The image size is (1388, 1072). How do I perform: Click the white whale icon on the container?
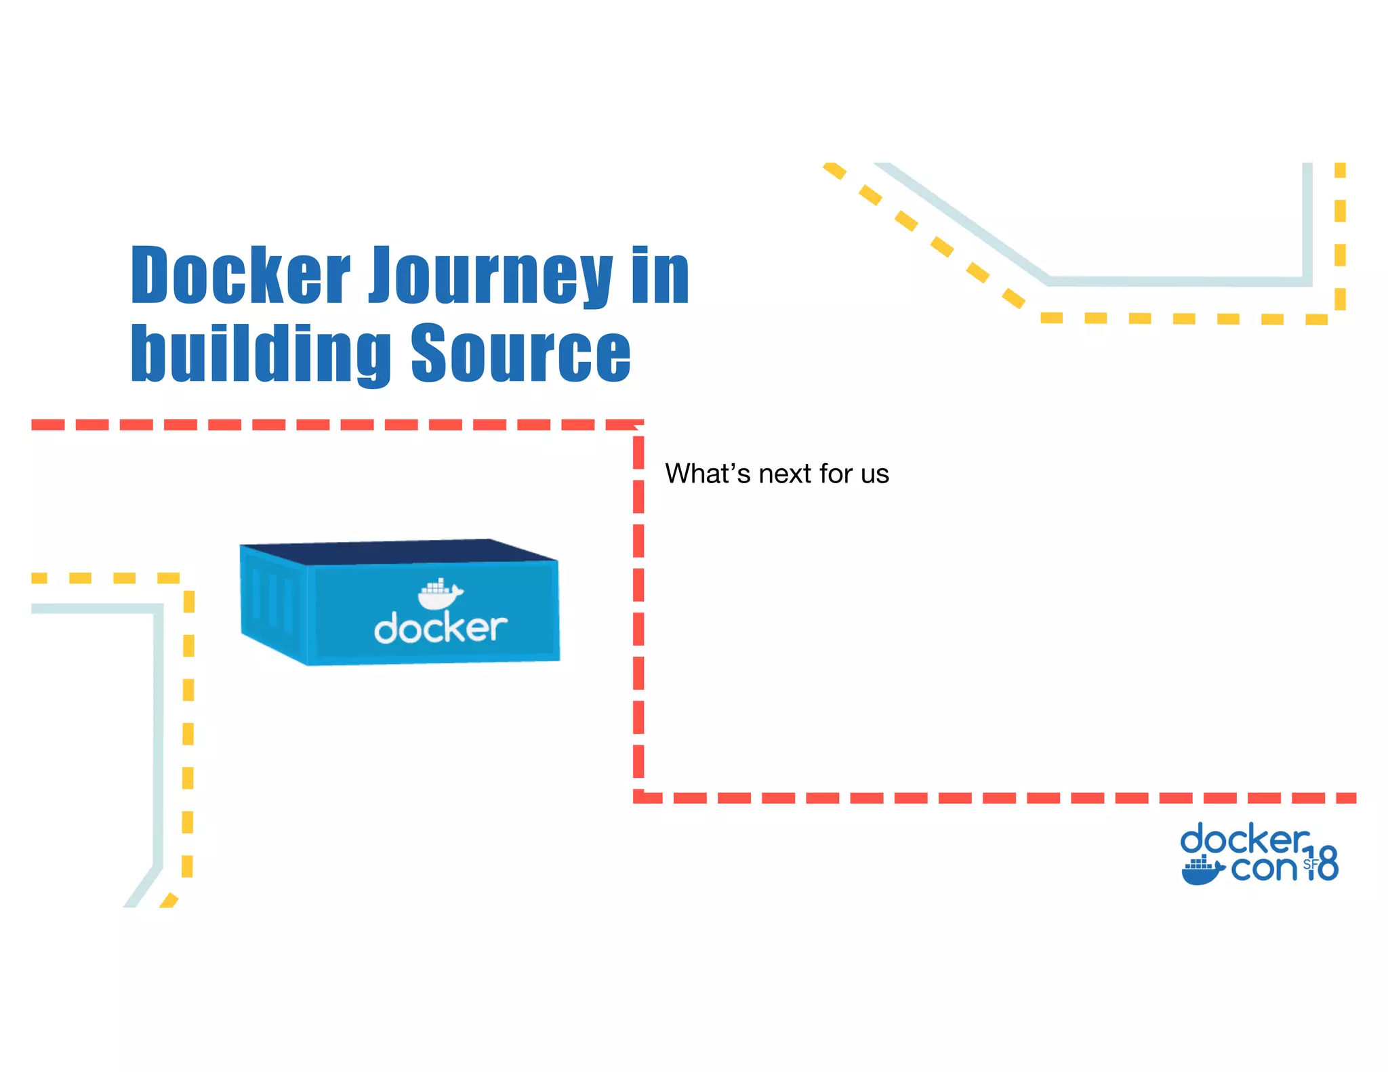tap(440, 594)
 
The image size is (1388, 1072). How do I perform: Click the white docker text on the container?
tap(441, 628)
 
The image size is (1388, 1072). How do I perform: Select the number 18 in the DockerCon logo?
tap(1322, 863)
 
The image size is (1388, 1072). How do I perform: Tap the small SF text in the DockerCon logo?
tap(1310, 864)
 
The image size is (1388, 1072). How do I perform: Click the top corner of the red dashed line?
tap(638, 426)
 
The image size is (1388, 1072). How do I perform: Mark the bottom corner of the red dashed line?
tap(638, 797)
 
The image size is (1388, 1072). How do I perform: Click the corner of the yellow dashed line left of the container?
tap(188, 579)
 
